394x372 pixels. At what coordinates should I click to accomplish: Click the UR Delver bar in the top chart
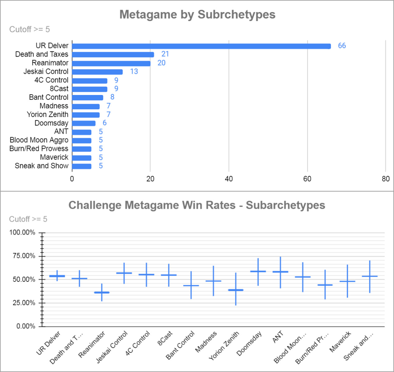[201, 46]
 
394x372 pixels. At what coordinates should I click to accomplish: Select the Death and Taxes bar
[113, 54]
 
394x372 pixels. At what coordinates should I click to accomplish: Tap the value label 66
[342, 46]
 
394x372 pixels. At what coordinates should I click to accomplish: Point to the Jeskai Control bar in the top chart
[97, 72]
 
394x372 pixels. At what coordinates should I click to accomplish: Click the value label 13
[134, 72]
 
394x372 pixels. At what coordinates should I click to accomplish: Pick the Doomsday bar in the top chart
[83, 123]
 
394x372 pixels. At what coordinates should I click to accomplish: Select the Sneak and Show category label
[41, 166]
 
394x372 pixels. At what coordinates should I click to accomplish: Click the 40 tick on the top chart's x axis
[229, 179]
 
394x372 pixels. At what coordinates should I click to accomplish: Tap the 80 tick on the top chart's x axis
[386, 179]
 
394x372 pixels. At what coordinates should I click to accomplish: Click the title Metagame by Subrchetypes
[197, 15]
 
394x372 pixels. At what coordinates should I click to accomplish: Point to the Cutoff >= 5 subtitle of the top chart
[30, 29]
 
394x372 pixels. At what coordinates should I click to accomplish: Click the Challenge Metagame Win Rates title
[197, 205]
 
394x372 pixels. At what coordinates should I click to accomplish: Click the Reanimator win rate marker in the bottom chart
[102, 292]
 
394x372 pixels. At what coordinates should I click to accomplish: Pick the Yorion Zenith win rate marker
[236, 290]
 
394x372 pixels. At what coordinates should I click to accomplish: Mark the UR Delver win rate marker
[57, 276]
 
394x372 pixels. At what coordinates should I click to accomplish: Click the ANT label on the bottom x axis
[278, 337]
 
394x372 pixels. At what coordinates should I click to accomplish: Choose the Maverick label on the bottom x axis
[340, 341]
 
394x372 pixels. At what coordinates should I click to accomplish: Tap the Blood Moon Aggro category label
[39, 140]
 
